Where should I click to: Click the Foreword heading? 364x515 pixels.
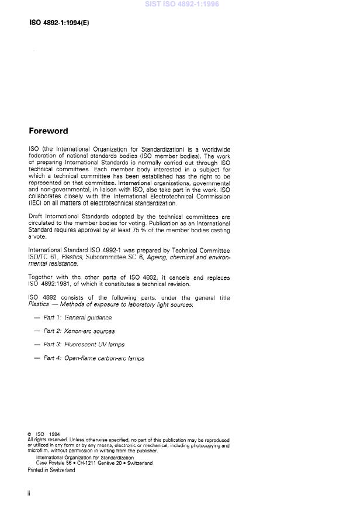[x=48, y=131]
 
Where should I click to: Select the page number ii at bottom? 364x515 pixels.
[x=29, y=493]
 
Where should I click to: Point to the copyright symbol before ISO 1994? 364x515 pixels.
[x=29, y=434]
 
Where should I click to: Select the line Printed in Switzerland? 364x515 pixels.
[x=51, y=469]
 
